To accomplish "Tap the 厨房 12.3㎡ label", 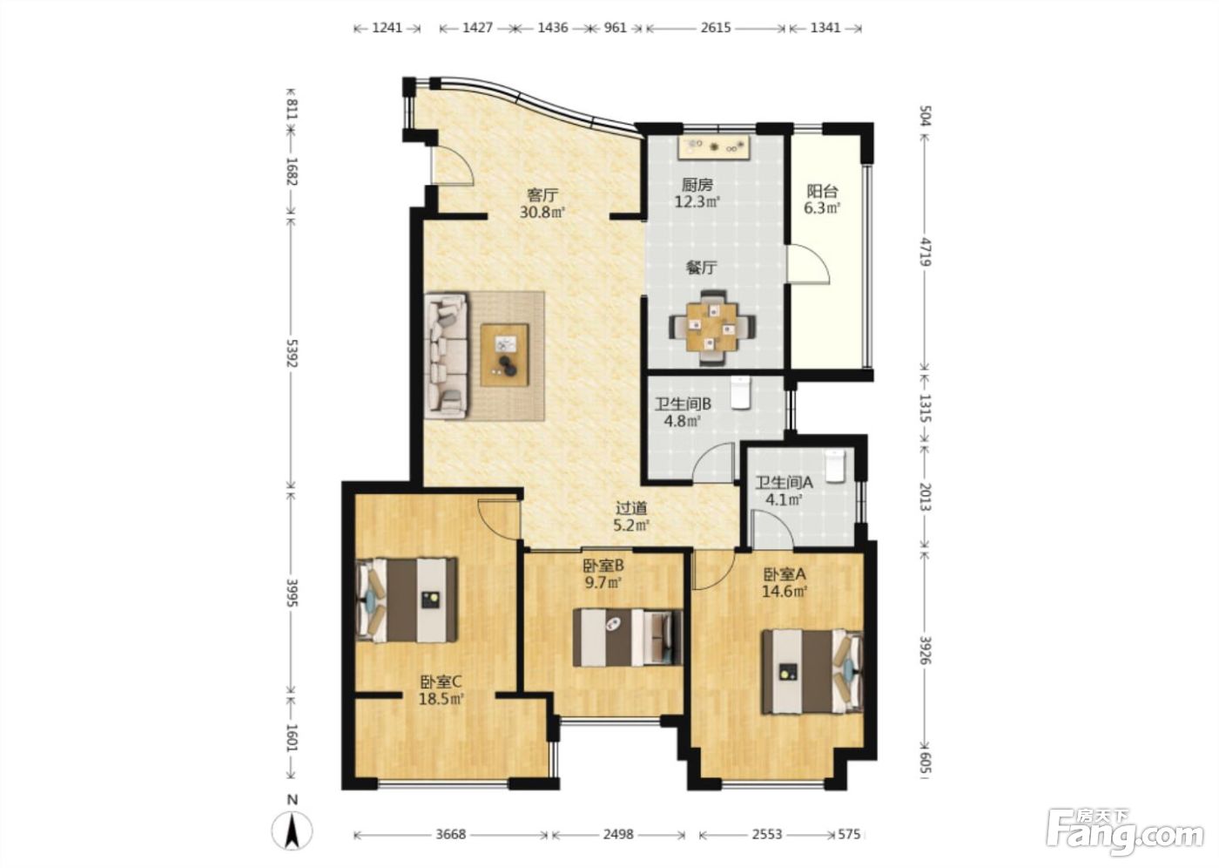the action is pyautogui.click(x=697, y=193).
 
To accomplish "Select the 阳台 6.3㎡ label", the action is pyautogui.click(x=822, y=200).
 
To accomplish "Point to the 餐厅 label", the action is pyautogui.click(x=702, y=268).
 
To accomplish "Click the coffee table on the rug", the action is pyautogui.click(x=504, y=356).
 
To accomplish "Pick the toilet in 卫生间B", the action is pyautogui.click(x=741, y=392).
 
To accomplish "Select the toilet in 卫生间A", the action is pyautogui.click(x=835, y=465).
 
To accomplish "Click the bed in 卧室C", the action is pyautogui.click(x=406, y=600).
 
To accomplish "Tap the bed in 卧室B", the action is pyautogui.click(x=628, y=637).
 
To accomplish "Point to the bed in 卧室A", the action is pyautogui.click(x=812, y=671).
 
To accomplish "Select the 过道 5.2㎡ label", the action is pyautogui.click(x=632, y=516).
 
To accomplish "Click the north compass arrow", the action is pyautogui.click(x=293, y=831).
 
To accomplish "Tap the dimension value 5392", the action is pyautogui.click(x=293, y=353).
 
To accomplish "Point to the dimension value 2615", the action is pyautogui.click(x=716, y=28).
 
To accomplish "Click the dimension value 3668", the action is pyautogui.click(x=451, y=834).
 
